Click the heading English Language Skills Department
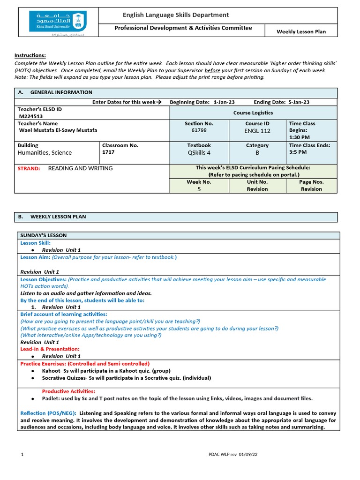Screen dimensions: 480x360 pos(176,15)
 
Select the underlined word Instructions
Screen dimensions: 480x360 pos(30,55)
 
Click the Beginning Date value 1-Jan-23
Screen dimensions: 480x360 pos(224,102)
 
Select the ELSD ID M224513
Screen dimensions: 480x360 pos(31,116)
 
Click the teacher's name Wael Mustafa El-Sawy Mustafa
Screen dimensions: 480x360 pos(58,130)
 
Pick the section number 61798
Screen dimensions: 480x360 pos(199,131)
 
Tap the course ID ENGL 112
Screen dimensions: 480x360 pos(257,131)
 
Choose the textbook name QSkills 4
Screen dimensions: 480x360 pos(199,152)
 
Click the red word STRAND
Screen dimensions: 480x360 pos(29,168)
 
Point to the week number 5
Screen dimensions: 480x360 pos(199,189)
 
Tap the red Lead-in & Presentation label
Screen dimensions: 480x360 pos(50,349)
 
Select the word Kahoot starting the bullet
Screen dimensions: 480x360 pos(51,371)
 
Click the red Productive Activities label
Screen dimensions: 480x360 pos(68,391)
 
